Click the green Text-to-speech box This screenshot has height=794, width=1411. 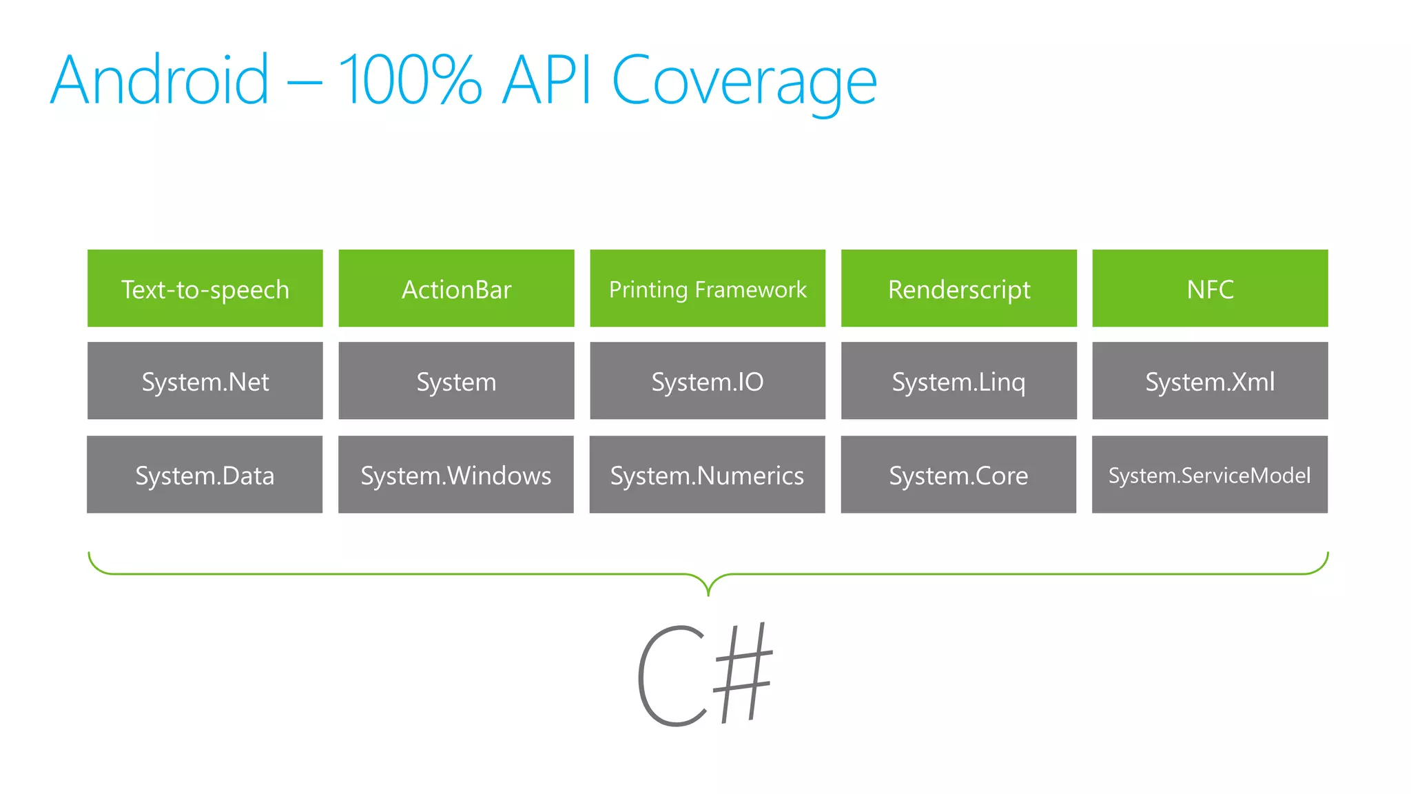[205, 288]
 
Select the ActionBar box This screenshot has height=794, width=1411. [456, 288]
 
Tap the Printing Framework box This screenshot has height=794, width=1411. [708, 288]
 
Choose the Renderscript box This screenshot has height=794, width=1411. [958, 288]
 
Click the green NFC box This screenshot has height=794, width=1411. [1210, 288]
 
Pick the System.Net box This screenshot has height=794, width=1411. [205, 380]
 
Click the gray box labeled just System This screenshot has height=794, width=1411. [456, 380]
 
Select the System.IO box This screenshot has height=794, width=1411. [708, 380]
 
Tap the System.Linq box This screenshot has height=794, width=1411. [958, 380]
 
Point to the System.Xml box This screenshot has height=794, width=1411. [1210, 380]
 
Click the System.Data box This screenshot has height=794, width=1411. [205, 474]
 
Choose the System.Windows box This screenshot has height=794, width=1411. [456, 474]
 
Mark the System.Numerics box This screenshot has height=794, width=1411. [708, 474]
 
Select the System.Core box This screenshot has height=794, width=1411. [958, 474]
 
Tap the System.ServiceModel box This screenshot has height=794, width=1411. [1210, 474]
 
